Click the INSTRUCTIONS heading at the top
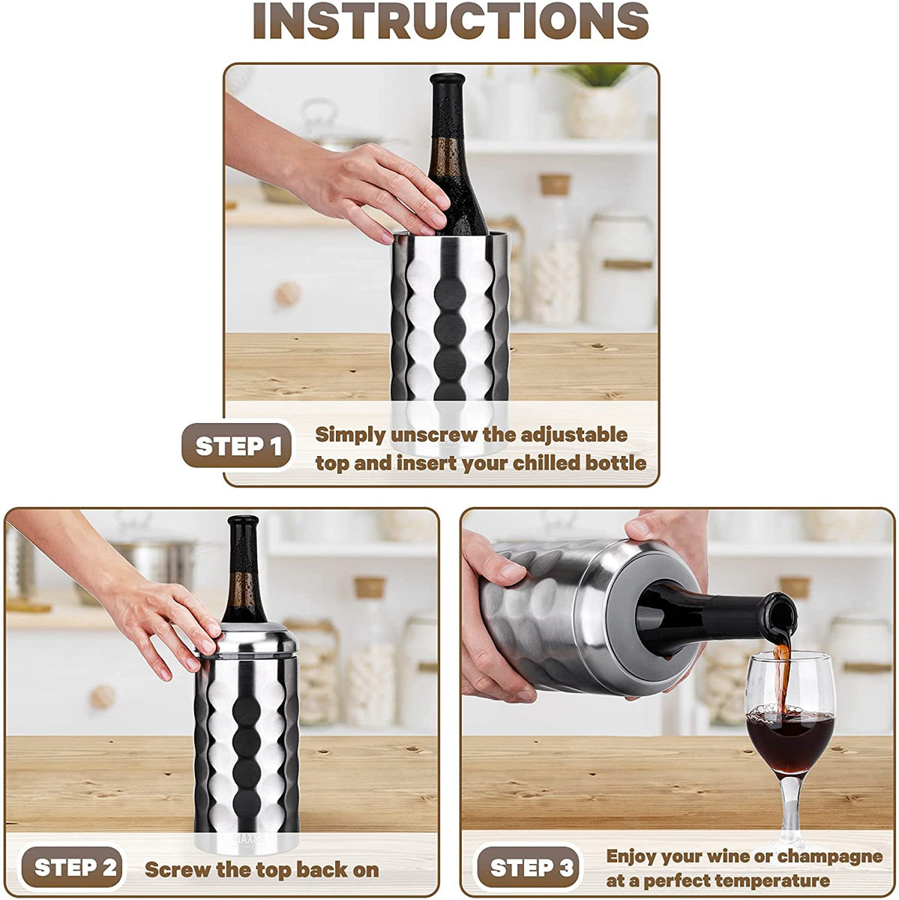click(450, 22)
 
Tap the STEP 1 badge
click(238, 447)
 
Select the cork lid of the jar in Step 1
click(555, 184)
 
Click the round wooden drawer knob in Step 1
click(288, 294)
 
